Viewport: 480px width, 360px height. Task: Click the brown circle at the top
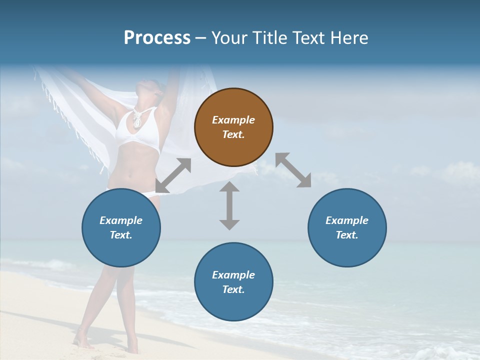(x=233, y=127)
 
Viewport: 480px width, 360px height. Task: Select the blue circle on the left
(x=121, y=227)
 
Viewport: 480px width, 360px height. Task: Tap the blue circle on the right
(x=347, y=227)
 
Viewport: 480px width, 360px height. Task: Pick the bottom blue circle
(x=233, y=282)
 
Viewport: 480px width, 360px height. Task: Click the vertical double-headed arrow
(x=229, y=205)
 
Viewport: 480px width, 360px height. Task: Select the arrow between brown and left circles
(x=173, y=175)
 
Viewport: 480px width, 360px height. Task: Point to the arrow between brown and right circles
(x=293, y=170)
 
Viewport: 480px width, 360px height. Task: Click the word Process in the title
(x=157, y=37)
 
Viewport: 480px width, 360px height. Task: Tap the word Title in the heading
(x=270, y=37)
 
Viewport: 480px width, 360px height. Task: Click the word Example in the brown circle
(x=233, y=120)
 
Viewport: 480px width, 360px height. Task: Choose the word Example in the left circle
(x=121, y=220)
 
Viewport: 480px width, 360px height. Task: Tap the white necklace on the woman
(x=136, y=118)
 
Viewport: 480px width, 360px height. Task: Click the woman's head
(x=152, y=90)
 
